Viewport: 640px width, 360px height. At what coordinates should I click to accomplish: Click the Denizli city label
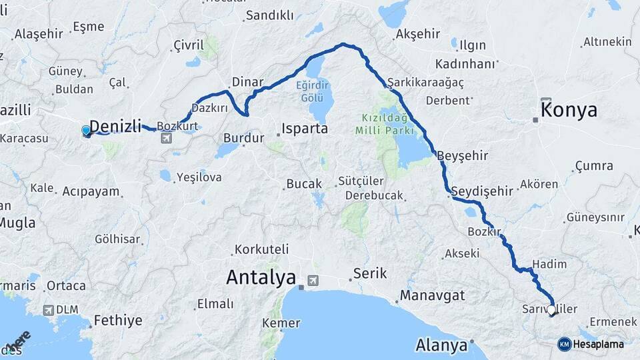tap(116, 125)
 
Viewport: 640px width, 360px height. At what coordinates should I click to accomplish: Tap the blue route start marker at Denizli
tap(86, 131)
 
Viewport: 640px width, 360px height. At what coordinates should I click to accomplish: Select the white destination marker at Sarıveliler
tap(552, 309)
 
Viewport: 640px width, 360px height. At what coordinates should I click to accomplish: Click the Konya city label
tap(569, 111)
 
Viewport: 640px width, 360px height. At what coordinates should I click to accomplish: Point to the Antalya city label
tap(261, 277)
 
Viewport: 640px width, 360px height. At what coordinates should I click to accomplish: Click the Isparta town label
tap(305, 128)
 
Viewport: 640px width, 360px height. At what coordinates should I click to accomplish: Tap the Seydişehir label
tap(482, 191)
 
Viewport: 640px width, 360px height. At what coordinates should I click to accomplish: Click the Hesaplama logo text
tap(599, 344)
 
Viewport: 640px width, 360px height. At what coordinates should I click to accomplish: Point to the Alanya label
tap(441, 346)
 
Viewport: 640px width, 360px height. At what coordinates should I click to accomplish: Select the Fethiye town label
tap(118, 320)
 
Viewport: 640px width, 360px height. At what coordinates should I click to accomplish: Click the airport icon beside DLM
tap(49, 310)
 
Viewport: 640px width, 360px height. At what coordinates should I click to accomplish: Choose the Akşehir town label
tap(419, 34)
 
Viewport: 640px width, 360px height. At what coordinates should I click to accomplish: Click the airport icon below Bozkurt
tap(166, 138)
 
